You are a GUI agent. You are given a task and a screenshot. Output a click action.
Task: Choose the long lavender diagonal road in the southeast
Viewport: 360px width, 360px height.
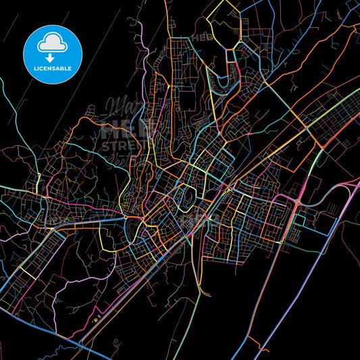point(324,270)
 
